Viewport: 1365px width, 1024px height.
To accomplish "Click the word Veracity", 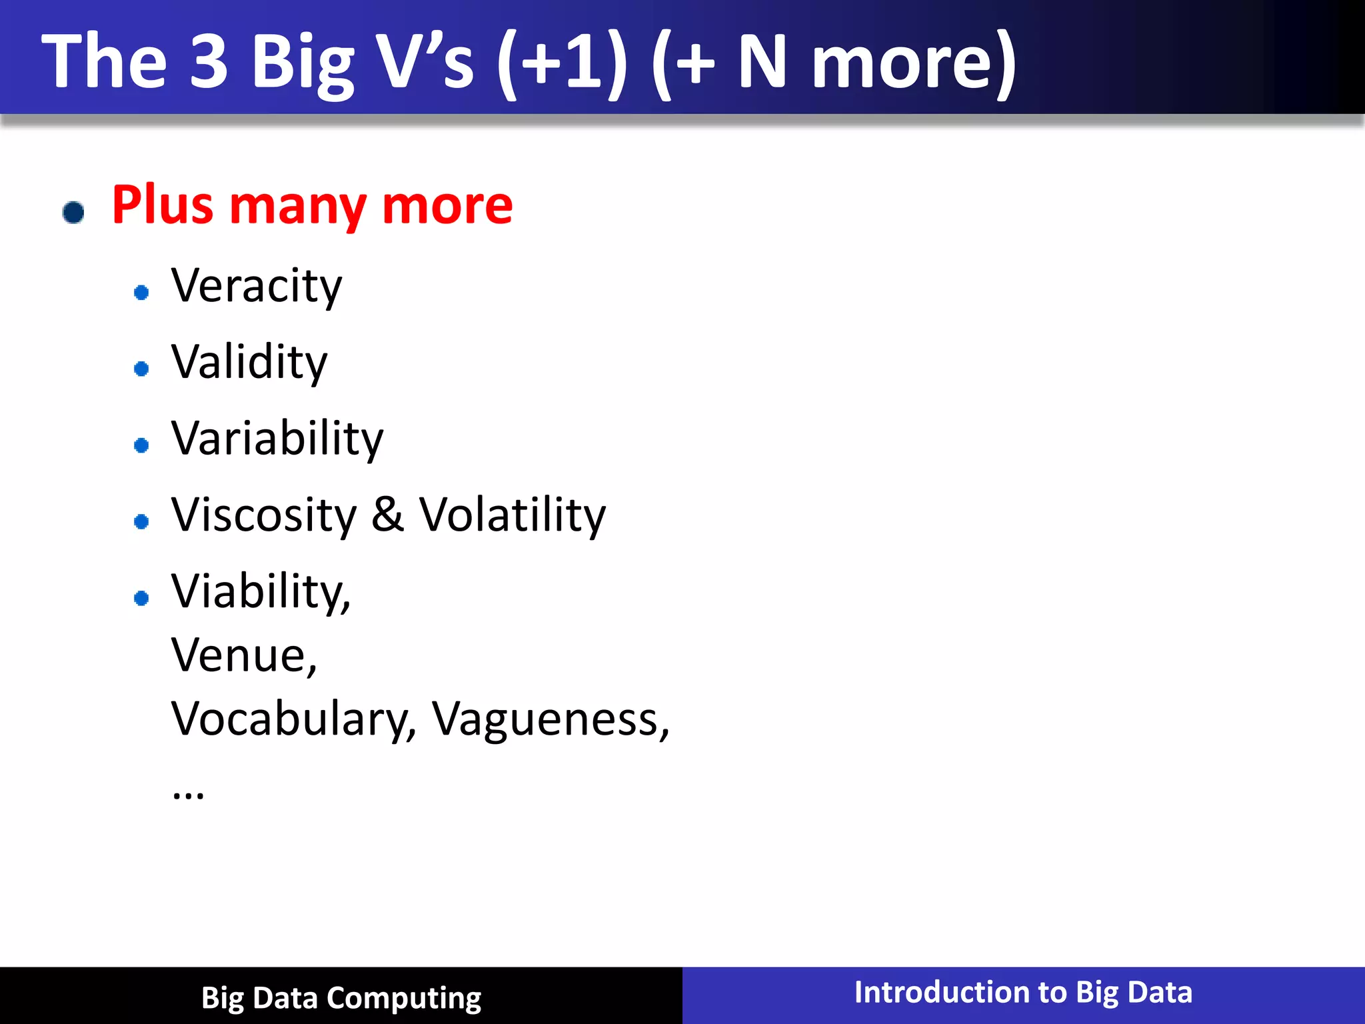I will [x=257, y=287].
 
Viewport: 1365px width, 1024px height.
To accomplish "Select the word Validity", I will [x=249, y=363].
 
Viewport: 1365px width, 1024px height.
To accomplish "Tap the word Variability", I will [x=277, y=439].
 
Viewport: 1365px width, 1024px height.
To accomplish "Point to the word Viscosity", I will [x=264, y=516].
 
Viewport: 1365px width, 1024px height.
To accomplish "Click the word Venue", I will [x=243, y=656].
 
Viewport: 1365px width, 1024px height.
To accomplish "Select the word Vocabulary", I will [x=293, y=720].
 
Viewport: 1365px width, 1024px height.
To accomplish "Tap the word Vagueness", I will [x=550, y=720].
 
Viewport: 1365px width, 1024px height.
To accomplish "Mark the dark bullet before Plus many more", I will [x=73, y=213].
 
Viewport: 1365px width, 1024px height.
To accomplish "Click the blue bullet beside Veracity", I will [x=141, y=292].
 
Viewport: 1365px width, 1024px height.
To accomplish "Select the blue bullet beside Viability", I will [x=141, y=598].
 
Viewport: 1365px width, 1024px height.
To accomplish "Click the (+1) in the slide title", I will [x=562, y=63].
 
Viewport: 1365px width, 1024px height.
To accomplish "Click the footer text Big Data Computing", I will [x=341, y=998].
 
